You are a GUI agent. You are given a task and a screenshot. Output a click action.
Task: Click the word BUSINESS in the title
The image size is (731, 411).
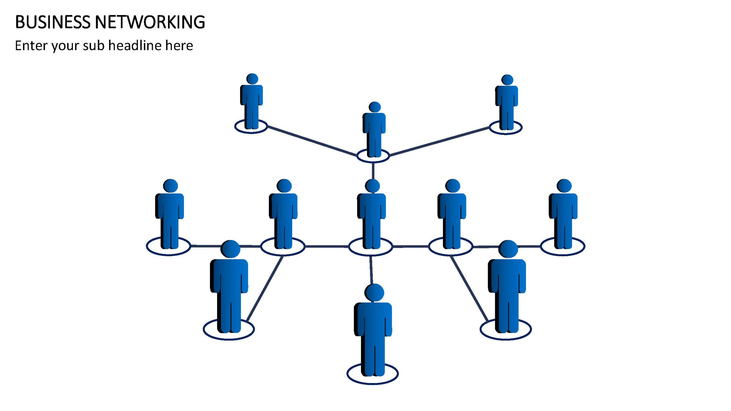(x=53, y=22)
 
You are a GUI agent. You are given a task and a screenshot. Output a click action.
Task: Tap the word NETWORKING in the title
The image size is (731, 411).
(x=150, y=22)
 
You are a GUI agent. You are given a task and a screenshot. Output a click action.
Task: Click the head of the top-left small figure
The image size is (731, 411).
(x=252, y=79)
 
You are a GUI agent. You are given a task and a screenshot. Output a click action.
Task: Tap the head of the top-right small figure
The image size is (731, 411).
(x=507, y=80)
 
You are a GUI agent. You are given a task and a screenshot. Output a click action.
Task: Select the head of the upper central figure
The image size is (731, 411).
(x=375, y=107)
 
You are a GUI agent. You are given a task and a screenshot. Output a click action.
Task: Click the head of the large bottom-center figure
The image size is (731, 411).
(x=374, y=292)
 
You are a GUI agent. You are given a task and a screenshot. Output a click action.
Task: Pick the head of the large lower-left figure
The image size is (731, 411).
(x=230, y=249)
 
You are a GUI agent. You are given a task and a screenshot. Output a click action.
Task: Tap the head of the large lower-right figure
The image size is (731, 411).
(x=508, y=249)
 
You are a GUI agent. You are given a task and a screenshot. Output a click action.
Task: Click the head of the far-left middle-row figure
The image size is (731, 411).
(x=170, y=186)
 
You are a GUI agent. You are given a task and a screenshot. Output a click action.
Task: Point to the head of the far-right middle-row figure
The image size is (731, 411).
(x=564, y=186)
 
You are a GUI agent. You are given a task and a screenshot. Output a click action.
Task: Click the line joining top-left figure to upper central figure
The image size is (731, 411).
(x=312, y=141)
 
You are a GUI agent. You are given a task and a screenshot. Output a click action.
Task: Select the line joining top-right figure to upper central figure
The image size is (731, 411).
(x=440, y=142)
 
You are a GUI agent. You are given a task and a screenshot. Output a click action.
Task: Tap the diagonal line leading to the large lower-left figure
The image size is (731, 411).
(x=265, y=289)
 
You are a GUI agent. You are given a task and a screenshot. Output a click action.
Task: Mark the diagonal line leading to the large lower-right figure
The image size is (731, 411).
(x=469, y=289)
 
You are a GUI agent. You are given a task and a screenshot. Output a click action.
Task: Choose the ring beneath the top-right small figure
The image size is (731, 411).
(x=506, y=133)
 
